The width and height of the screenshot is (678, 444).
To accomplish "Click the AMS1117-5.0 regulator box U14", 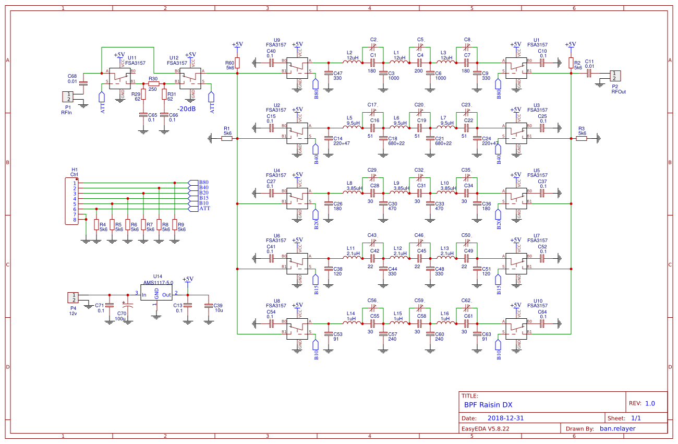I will coord(156,294).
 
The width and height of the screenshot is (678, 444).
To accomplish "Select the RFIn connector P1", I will coord(68,97).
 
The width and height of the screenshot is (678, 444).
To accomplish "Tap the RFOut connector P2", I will coord(615,76).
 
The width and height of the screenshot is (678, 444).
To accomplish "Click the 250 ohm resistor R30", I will coord(153,83).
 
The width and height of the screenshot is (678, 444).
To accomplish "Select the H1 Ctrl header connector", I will coord(70,201).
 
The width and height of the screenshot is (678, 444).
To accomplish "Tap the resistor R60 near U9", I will coord(237,63).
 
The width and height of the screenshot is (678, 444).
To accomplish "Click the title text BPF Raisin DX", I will coord(488,404).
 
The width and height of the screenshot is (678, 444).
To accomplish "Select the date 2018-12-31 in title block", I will coord(506,418).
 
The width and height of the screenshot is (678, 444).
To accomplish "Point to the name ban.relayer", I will coord(618,429).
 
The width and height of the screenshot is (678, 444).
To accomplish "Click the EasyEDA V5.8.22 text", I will coord(485,429).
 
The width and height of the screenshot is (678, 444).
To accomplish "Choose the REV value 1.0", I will coord(650,403).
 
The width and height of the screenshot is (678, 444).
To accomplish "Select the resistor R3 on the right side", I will coord(582,138).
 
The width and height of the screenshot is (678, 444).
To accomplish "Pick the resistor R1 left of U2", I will coord(227,138).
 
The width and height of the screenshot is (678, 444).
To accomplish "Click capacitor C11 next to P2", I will coord(589,74).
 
